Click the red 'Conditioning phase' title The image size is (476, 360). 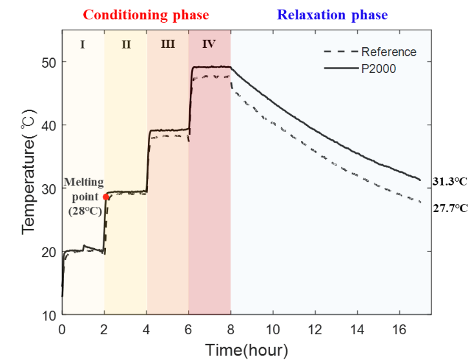146,14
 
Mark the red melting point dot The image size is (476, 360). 106,197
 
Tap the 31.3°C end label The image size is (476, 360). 450,182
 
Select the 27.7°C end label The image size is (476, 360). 450,207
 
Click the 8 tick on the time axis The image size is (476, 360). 231,329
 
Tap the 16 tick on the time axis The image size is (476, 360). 399,329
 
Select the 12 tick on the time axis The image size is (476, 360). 315,329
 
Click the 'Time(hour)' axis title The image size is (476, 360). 247,349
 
